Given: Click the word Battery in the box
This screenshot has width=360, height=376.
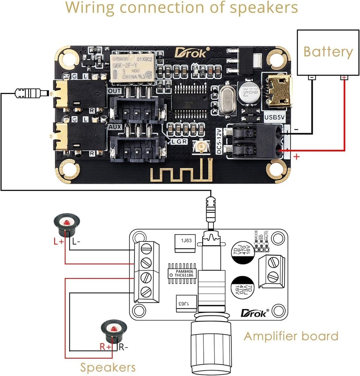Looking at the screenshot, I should pos(328,52).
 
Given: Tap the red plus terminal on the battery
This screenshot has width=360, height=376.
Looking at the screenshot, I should pos(343,78).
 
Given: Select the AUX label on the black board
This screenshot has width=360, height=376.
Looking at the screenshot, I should pos(115,127).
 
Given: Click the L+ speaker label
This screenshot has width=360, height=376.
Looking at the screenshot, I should pos(59,242).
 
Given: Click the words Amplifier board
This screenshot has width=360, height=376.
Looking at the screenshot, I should pos(291,336).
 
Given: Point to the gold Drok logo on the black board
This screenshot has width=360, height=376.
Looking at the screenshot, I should pos(191,53).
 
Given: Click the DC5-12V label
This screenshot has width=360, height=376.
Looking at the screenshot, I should pos(220,141).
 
